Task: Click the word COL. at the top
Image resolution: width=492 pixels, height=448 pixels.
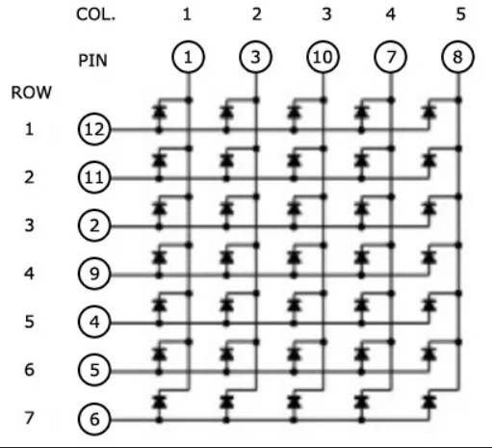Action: [95, 14]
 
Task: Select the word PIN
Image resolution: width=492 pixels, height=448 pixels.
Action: [92, 61]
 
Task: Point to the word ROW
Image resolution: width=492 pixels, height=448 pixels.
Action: [31, 92]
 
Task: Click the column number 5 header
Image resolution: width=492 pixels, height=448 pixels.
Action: [460, 14]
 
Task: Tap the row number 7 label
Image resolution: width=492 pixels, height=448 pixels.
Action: [29, 418]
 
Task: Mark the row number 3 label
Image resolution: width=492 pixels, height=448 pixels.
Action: [29, 225]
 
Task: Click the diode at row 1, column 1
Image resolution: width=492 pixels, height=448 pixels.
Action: [159, 113]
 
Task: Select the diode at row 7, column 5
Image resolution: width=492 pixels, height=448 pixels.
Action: [429, 402]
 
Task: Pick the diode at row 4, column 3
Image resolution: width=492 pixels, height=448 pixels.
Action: [294, 257]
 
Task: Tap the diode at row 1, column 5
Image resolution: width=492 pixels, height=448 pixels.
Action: [429, 113]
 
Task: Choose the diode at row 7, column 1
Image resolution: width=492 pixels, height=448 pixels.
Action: [159, 402]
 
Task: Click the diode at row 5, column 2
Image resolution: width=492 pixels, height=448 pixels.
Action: [226, 305]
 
